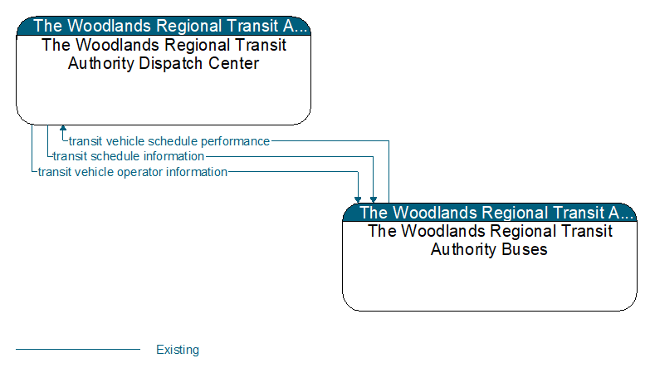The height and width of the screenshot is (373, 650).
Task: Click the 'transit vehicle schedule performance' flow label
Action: point(169,141)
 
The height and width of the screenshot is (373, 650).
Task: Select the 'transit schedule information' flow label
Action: point(129,156)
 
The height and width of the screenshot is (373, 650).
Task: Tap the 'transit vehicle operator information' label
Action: point(133,172)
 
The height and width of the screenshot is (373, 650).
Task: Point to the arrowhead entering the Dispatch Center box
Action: point(63,128)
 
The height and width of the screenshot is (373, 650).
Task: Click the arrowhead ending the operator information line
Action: point(358,200)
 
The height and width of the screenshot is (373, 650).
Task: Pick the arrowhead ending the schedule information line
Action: point(374,200)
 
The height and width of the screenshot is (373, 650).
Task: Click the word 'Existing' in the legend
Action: point(178,350)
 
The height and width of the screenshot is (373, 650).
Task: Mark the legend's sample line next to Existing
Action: point(78,350)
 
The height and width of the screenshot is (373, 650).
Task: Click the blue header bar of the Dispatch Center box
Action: point(164,26)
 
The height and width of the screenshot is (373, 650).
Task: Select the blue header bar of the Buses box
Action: point(490,213)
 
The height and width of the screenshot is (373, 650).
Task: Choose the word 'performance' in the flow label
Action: point(236,142)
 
